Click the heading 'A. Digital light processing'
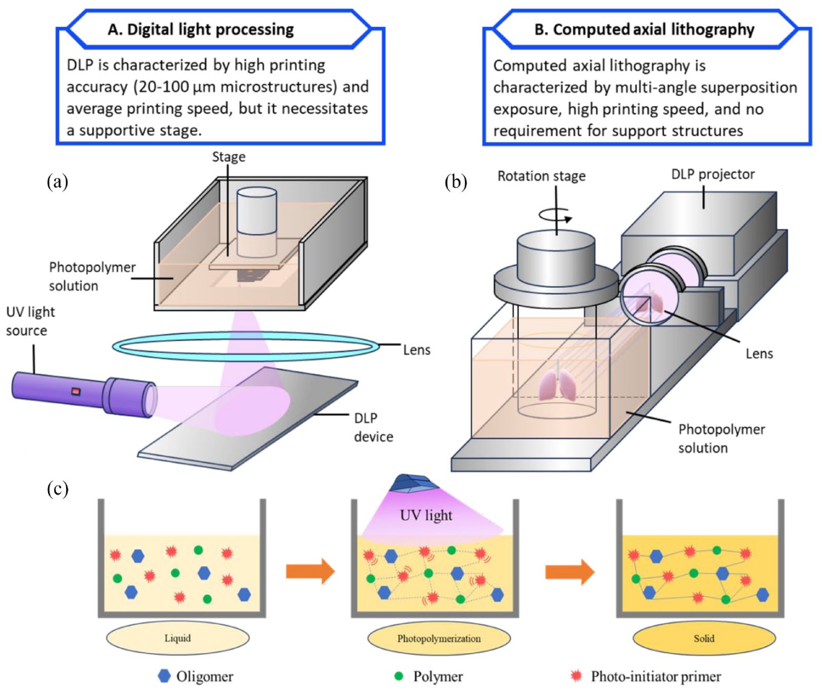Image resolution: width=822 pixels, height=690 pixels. click(x=201, y=29)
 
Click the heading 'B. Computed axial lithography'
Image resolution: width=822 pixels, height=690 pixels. click(x=644, y=29)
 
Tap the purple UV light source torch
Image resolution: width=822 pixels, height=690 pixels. click(x=82, y=394)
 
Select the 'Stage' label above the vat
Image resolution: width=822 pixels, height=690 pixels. click(x=228, y=157)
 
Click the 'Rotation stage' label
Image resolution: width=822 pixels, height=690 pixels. click(x=541, y=176)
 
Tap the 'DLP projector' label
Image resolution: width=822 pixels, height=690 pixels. click(x=713, y=174)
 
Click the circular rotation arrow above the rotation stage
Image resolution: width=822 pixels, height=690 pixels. click(x=556, y=215)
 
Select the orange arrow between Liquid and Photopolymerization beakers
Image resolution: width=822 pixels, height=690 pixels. click(x=310, y=571)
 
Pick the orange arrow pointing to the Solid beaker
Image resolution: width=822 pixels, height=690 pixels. click(x=569, y=571)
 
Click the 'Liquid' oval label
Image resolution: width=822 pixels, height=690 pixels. click(x=178, y=638)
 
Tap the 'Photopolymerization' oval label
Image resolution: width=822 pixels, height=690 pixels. click(x=439, y=639)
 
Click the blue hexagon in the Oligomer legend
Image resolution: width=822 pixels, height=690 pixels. click(x=164, y=676)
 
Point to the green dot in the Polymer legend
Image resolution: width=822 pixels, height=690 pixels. click(x=399, y=676)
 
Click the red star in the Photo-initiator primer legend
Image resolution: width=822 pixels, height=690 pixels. click(x=576, y=676)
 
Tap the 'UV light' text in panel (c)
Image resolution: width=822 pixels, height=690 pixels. click(x=426, y=515)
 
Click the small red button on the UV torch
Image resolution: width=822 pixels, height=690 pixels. click(x=76, y=392)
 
